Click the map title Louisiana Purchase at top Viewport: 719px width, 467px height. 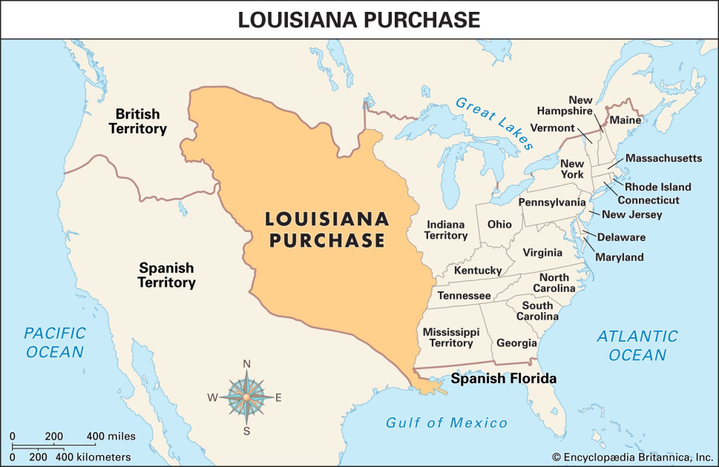pos(359,20)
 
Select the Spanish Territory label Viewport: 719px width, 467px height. pos(167,275)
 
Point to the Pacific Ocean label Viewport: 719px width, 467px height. pos(56,342)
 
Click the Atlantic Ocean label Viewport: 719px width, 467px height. pos(637,345)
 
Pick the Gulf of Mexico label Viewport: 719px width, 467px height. pos(447,423)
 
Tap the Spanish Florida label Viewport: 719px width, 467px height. pos(504,379)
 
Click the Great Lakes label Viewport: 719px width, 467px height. pos(495,122)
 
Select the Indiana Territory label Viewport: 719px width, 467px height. pos(446,230)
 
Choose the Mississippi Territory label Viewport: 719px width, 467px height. pos(451,337)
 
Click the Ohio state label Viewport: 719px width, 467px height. pos(499,224)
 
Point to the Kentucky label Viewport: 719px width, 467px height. pos(478,271)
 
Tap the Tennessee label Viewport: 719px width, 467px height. pos(464,295)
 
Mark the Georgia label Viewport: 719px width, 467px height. pos(516,343)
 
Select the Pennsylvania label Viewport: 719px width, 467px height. pos(551,202)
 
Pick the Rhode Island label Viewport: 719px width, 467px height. pos(657,187)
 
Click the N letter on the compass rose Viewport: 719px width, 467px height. pos(247,363)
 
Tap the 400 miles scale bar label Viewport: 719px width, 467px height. pos(111,435)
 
